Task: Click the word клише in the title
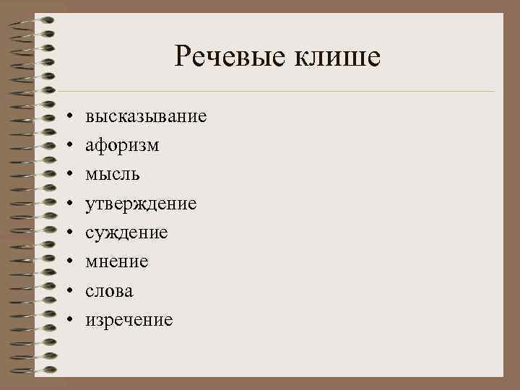click(336, 56)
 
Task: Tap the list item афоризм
click(122, 145)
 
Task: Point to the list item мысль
click(113, 174)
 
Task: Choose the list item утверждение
click(141, 204)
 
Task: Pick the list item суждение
click(126, 233)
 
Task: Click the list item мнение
click(117, 261)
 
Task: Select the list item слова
click(109, 290)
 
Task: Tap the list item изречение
click(129, 319)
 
